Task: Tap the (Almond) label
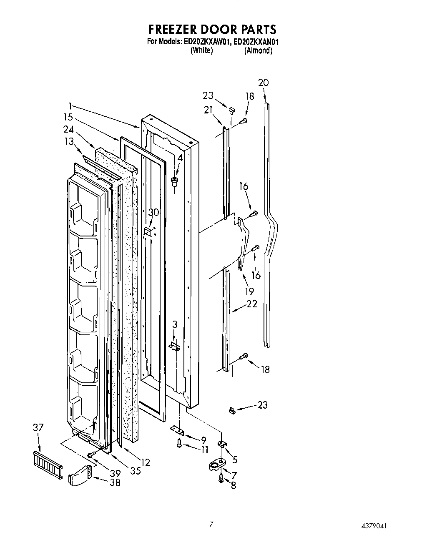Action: coord(258,50)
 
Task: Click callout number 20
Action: coord(264,83)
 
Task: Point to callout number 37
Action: coord(38,427)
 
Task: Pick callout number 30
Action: coord(154,212)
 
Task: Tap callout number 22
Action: coord(252,304)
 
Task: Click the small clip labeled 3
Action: coord(175,346)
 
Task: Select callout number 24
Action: coord(68,129)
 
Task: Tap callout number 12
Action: coord(145,462)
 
